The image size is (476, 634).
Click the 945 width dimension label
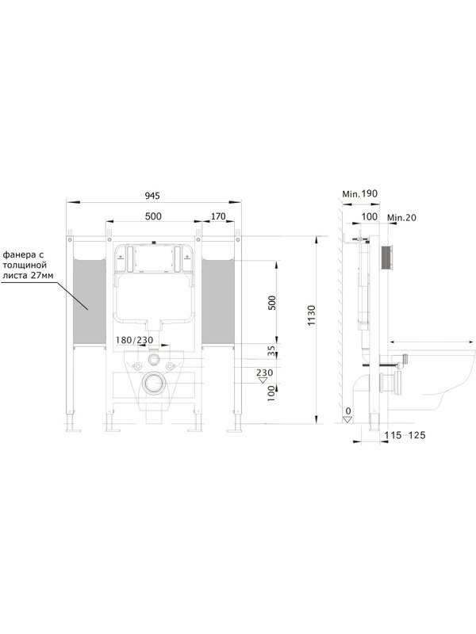[x=152, y=196]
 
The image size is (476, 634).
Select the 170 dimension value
[x=218, y=216]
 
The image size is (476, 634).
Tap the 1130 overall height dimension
[x=311, y=315]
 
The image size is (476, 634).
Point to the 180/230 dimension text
[x=134, y=340]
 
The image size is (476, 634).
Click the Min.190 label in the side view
[x=360, y=193]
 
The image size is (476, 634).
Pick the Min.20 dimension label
[x=401, y=217]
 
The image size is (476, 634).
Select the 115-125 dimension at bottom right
[x=405, y=435]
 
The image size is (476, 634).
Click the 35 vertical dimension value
[x=271, y=350]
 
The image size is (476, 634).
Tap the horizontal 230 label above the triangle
[x=265, y=372]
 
